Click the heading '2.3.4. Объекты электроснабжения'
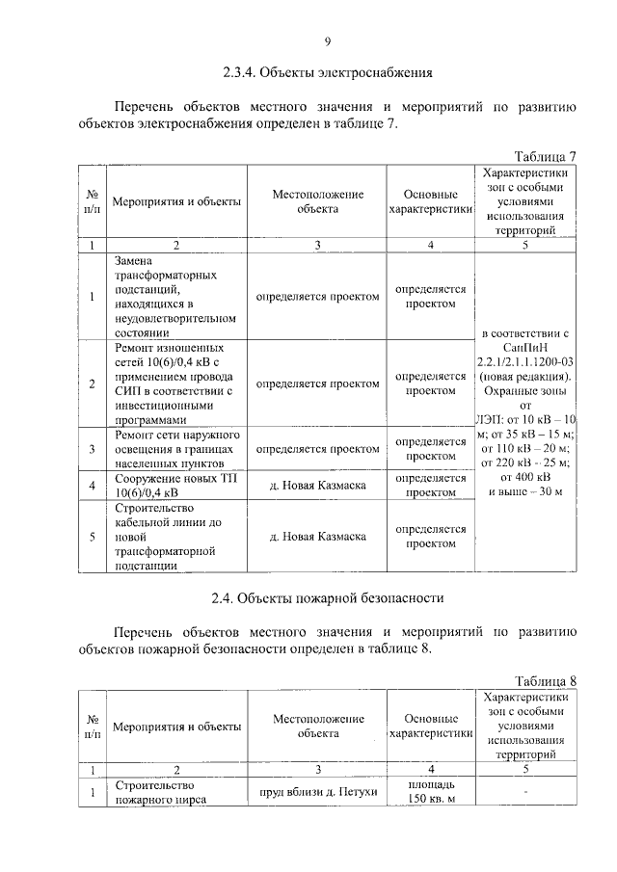pos(327,72)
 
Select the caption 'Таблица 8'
pos(545,681)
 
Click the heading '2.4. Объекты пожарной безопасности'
pos(327,597)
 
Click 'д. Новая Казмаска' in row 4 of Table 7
pos(317,485)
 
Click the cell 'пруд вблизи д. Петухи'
pos(317,792)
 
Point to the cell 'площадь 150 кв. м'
pos(430,792)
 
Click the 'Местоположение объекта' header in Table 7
pos(317,201)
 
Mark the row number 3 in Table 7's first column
pos(91,449)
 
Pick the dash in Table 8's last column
pos(524,792)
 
